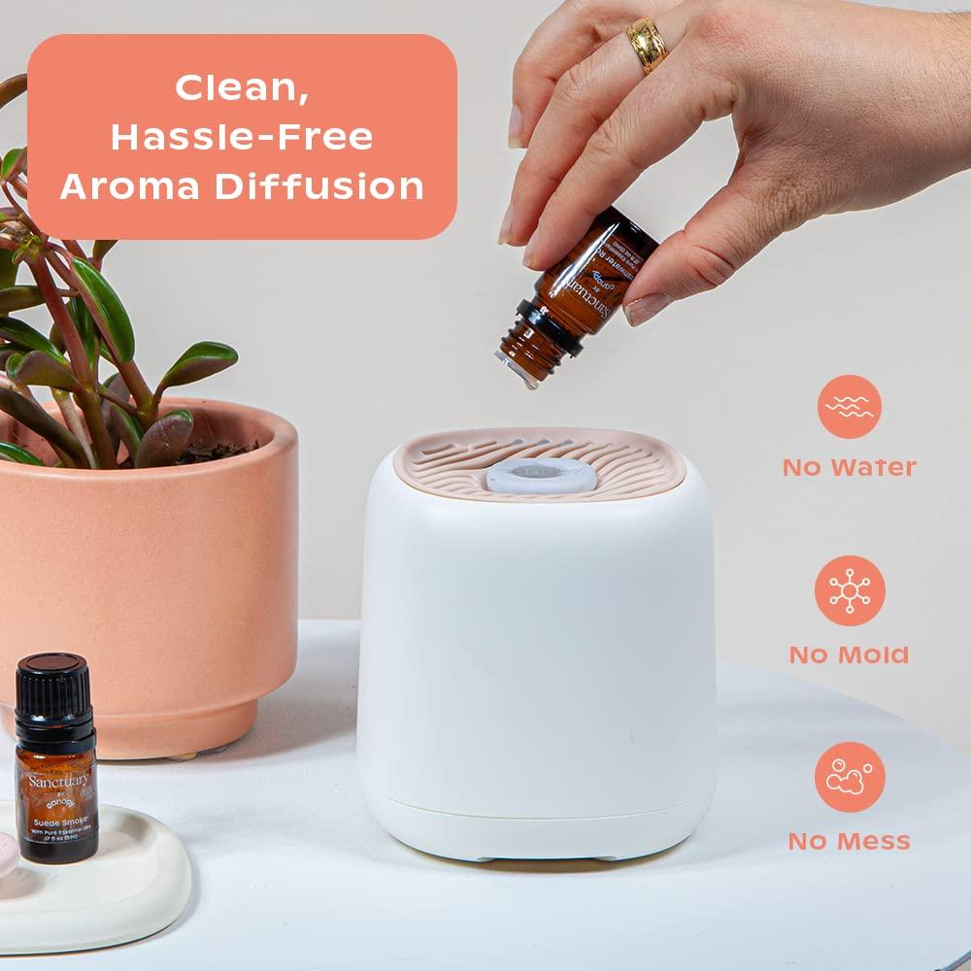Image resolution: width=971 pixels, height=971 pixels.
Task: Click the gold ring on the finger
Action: point(647,45)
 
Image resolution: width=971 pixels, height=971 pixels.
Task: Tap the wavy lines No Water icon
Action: point(849,407)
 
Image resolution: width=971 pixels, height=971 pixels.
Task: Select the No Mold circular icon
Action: point(850,590)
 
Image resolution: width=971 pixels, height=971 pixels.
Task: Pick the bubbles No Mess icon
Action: point(850,777)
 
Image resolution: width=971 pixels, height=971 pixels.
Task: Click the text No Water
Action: point(849,467)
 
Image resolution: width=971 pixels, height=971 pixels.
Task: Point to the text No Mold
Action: point(849,654)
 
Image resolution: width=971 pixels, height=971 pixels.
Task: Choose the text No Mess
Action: point(849,841)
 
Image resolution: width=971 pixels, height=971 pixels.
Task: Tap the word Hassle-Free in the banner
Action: point(242,137)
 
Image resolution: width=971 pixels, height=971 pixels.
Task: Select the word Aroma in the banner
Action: point(130,185)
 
